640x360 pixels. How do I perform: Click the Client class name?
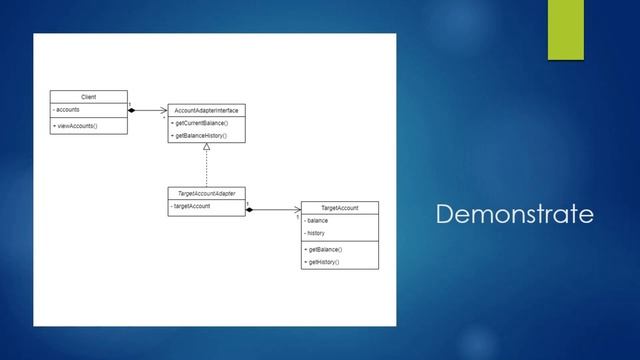tap(89, 97)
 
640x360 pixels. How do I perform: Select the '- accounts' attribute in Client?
tap(68, 109)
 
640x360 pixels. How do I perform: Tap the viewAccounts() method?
tap(76, 126)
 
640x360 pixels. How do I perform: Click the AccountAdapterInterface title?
tap(206, 109)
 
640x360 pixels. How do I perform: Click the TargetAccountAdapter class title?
tap(206, 193)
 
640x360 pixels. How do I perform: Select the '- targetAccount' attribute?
tap(191, 206)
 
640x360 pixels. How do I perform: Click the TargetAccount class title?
tap(340, 207)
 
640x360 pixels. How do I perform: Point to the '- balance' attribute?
tap(317, 220)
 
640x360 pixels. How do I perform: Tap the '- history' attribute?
tap(316, 233)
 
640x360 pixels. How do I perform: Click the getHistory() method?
tap(322, 261)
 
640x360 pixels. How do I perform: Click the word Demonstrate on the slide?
tap(515, 214)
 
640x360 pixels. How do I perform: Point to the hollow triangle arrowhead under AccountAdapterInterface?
tap(206, 147)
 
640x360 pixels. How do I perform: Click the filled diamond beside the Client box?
tap(133, 110)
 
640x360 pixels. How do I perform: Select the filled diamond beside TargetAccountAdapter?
tap(250, 210)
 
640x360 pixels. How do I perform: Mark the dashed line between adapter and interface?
tap(206, 168)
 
